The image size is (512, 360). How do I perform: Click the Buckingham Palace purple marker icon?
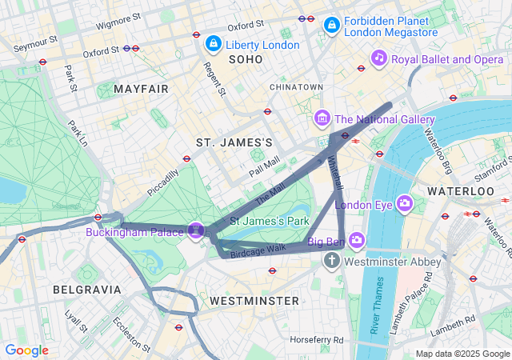coord(196,231)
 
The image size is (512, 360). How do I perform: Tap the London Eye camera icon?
coord(405,204)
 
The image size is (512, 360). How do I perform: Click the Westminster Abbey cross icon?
coord(333,262)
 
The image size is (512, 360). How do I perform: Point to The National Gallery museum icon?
coord(322,119)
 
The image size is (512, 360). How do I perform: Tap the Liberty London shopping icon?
coord(213,43)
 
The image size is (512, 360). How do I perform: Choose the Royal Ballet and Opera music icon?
coord(379,58)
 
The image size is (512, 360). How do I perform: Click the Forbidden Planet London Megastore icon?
coord(330,26)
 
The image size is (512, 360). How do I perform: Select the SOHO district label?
coord(245,60)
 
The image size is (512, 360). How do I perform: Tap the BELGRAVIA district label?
coord(86,289)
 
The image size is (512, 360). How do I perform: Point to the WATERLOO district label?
coord(461,192)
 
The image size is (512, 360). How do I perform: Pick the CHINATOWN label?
coord(296,86)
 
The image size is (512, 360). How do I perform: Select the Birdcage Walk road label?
coord(258,250)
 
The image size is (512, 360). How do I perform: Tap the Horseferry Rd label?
coord(317,340)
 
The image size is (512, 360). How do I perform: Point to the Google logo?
coord(26,350)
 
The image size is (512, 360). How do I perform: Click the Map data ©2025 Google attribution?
coord(462,354)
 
